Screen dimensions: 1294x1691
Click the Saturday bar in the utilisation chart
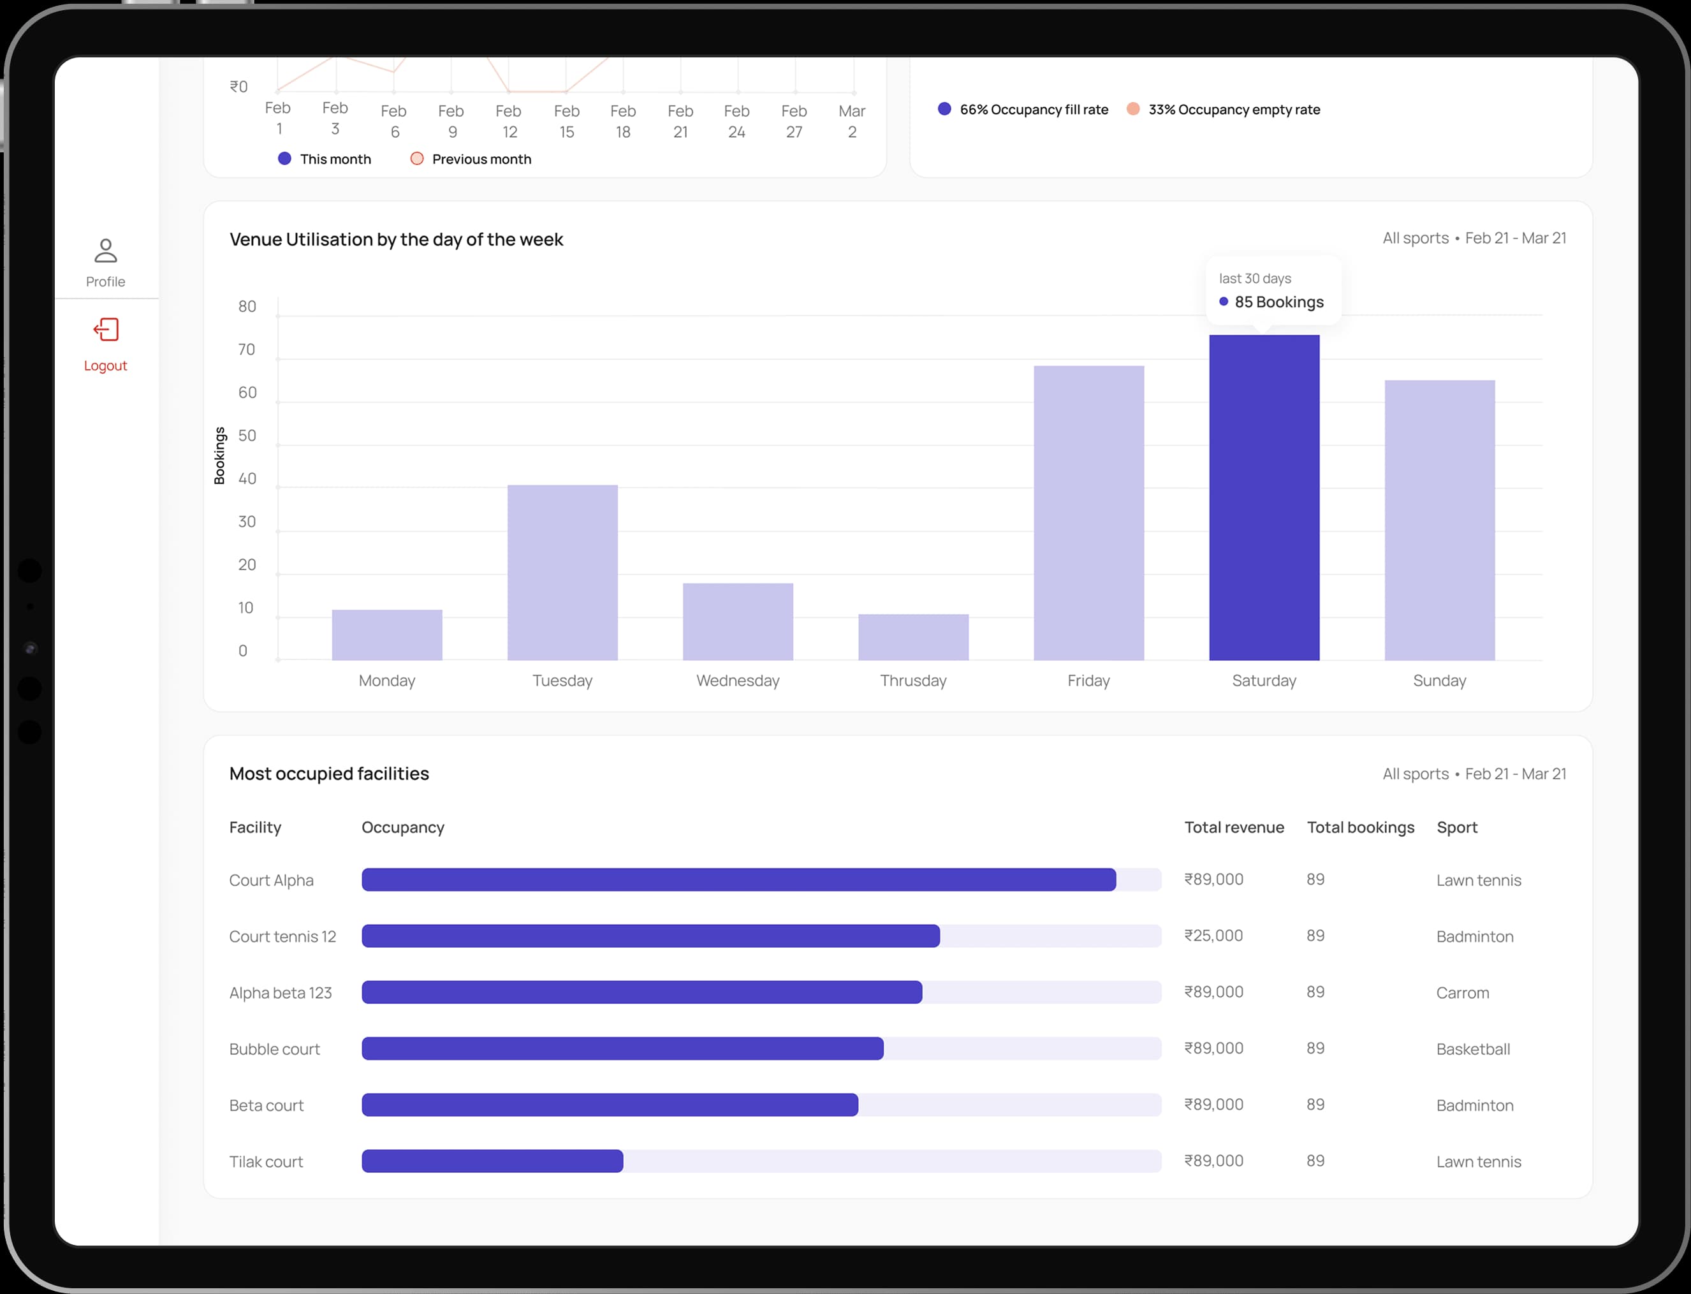click(1264, 497)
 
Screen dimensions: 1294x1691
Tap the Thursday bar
click(913, 637)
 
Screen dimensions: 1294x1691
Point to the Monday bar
click(386, 635)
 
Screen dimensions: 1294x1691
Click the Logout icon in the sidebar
click(105, 330)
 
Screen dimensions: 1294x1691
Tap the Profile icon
click(105, 251)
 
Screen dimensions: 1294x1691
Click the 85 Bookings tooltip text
click(1278, 302)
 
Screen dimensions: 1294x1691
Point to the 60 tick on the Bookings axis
click(247, 393)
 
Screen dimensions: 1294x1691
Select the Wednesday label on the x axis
click(738, 681)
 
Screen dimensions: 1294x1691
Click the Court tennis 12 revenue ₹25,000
click(1213, 936)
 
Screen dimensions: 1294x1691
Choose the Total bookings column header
click(1360, 827)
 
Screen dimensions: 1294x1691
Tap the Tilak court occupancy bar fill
click(492, 1161)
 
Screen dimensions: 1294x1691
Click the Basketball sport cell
click(1472, 1049)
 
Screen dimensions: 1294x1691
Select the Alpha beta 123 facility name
click(281, 993)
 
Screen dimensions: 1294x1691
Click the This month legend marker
click(284, 159)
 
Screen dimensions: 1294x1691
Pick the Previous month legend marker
click(416, 159)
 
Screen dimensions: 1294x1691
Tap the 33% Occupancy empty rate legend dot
click(1132, 109)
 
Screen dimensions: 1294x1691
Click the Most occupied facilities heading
click(329, 774)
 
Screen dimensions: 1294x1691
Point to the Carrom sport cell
click(1462, 993)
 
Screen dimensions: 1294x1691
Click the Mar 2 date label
click(852, 122)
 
